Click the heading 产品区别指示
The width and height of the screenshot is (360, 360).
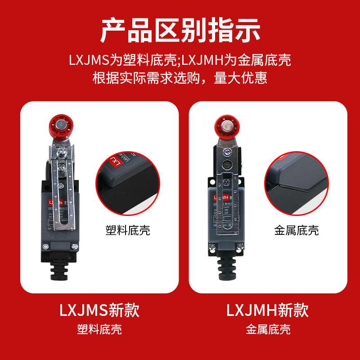[x=180, y=30]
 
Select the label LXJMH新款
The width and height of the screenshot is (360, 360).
[x=267, y=310]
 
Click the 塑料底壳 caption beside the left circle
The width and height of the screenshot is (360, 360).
[x=127, y=231]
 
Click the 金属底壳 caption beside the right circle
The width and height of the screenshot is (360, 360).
[x=296, y=231]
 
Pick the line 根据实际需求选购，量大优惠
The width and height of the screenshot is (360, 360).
[x=180, y=78]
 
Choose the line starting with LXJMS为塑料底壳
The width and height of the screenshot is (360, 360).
[x=180, y=60]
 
